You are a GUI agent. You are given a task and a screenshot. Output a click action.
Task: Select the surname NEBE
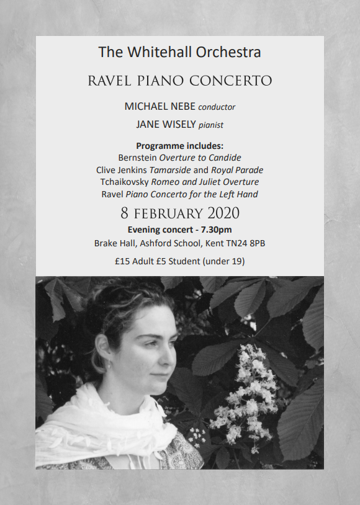[x=182, y=106]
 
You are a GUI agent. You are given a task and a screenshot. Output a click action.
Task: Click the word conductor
[x=217, y=107]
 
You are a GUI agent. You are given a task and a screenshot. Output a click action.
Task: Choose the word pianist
[x=211, y=125]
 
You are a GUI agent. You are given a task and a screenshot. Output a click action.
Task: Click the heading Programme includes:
[x=179, y=146]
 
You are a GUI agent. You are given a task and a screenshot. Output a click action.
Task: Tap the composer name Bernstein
[x=137, y=158]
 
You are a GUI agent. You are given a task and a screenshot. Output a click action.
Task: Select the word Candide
[x=225, y=158]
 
